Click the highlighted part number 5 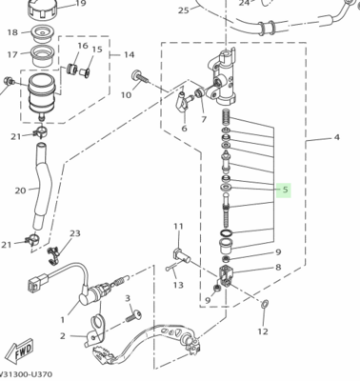click(x=284, y=190)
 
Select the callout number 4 click(x=336, y=138)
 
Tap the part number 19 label click(x=81, y=4)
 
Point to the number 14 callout click(x=130, y=55)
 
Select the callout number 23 click(x=75, y=233)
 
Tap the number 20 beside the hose click(x=20, y=190)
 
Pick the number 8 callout click(x=277, y=268)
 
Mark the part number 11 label click(x=177, y=226)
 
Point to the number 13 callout click(x=177, y=285)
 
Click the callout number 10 click(x=126, y=95)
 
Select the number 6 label click(x=183, y=130)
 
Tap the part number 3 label click(x=127, y=298)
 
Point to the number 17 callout click(x=12, y=54)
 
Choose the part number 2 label click(x=63, y=336)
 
